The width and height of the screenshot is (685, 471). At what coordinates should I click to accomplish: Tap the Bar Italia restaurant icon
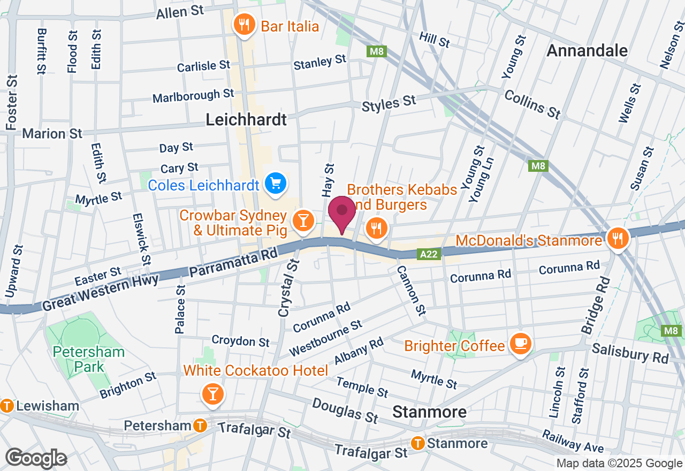tap(243, 25)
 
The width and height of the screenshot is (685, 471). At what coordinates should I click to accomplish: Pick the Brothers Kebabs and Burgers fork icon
tap(377, 229)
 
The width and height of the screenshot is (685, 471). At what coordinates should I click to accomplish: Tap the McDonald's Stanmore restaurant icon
tap(618, 237)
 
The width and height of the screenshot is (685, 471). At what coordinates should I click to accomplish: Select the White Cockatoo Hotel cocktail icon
tap(212, 395)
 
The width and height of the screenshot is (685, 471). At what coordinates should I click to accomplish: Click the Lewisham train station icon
tap(7, 406)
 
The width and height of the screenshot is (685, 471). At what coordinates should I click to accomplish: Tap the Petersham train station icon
tap(200, 426)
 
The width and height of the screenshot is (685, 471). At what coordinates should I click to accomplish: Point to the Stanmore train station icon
tap(418, 443)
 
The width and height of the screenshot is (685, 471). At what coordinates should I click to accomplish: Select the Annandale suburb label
tap(587, 51)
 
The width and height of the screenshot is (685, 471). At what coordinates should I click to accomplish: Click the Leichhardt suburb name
tap(247, 119)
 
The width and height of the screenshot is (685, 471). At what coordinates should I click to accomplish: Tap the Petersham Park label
tap(88, 360)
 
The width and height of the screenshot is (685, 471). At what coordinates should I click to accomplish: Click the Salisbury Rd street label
tap(630, 353)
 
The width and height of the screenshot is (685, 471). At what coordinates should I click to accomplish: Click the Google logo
tap(36, 458)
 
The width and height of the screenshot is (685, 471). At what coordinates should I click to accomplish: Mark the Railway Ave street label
tap(573, 442)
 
